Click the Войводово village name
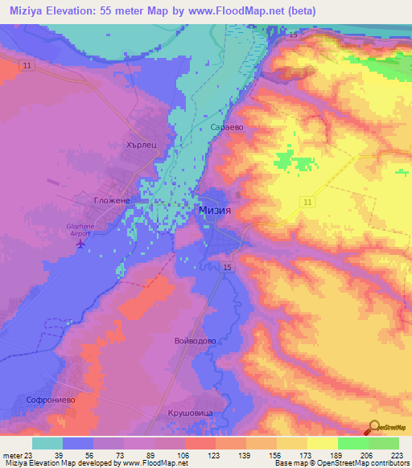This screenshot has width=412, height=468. pyautogui.click(x=195, y=341)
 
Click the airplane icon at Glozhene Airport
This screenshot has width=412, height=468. pyautogui.click(x=78, y=244)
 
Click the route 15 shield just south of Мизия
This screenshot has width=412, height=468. pyautogui.click(x=228, y=267)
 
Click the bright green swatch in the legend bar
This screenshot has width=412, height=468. pyautogui.click(x=352, y=443)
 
